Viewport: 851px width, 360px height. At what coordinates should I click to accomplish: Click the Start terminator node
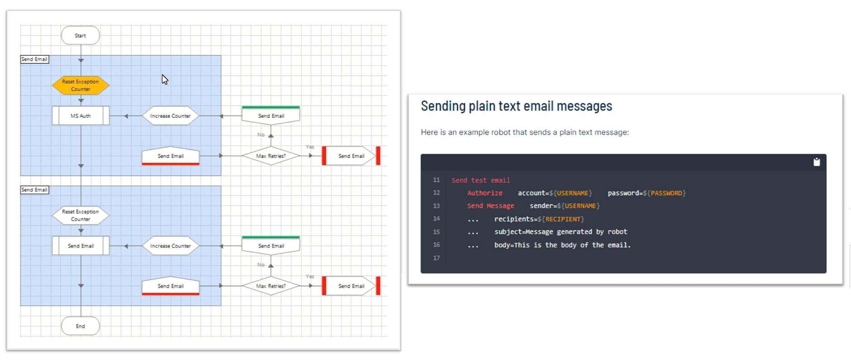80,35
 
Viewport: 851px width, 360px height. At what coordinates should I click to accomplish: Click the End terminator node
80,326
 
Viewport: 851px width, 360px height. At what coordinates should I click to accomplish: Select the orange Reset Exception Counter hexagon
81,85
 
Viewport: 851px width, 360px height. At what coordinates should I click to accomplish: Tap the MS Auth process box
81,115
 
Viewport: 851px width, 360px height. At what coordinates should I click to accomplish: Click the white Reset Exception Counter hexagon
81,215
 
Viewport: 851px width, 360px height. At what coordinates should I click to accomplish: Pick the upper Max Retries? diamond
271,156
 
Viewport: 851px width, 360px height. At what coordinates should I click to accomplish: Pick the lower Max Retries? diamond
271,286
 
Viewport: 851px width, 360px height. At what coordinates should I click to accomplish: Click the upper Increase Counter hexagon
170,115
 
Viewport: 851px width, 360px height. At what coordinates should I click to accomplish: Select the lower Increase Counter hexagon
170,246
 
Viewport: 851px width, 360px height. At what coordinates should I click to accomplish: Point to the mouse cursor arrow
164,79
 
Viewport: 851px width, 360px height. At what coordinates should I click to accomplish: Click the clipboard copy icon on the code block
817,162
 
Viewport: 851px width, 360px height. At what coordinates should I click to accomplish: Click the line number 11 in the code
436,180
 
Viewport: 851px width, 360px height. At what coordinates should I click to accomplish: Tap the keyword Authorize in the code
485,193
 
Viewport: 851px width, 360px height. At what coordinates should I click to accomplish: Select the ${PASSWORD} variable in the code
664,193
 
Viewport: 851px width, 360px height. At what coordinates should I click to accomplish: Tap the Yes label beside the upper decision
310,147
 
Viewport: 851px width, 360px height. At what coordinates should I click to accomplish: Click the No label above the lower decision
261,264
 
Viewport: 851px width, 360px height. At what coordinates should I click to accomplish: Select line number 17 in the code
436,258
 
